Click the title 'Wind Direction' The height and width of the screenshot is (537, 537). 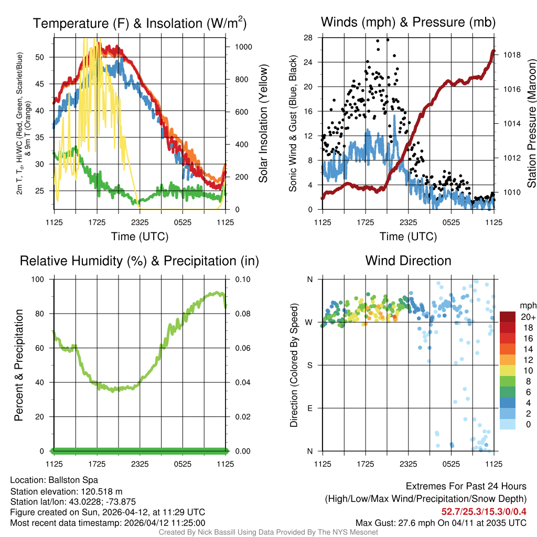tap(408, 261)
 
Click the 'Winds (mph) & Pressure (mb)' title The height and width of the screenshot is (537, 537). tap(408, 23)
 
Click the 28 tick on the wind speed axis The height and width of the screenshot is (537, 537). tap(308, 38)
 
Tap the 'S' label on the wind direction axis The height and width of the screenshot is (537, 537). tap(309, 365)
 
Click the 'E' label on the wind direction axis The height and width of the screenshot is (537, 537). tap(309, 408)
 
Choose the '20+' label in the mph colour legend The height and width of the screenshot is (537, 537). tap(528, 317)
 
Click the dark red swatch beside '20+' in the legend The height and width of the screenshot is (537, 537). tap(508, 317)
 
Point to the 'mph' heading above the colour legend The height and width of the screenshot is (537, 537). tap(527, 305)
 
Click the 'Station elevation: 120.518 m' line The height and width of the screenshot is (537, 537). tap(66, 491)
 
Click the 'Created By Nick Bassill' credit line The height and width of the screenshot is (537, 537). tap(268, 532)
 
